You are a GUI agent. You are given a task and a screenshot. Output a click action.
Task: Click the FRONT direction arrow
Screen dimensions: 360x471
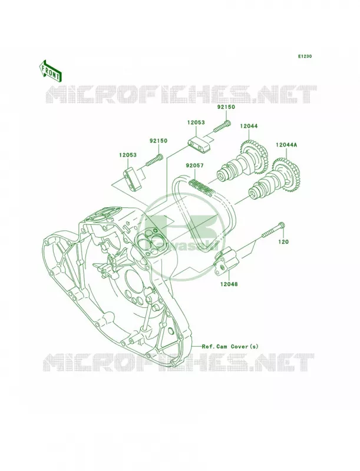[50, 71]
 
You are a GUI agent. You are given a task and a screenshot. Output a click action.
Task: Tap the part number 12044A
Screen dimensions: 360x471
[286, 145]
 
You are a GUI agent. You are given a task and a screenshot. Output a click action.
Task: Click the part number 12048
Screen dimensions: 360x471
[229, 284]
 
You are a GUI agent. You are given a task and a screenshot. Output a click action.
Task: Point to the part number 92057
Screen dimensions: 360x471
[194, 165]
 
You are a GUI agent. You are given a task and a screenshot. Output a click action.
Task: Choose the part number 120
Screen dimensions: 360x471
[283, 241]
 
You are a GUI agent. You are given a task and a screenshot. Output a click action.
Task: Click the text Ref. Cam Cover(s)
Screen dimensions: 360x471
[230, 346]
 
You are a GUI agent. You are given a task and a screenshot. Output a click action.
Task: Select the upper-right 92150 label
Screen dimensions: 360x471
[226, 107]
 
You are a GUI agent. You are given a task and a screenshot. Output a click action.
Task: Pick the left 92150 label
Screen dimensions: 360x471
[158, 141]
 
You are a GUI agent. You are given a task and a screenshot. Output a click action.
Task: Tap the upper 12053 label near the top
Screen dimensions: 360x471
[196, 122]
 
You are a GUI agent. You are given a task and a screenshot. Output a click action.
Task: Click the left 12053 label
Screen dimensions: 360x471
[127, 155]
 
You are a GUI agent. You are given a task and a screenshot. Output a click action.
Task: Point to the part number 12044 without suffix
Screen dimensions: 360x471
[249, 127]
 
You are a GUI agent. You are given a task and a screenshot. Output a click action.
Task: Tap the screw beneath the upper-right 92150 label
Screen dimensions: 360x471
[222, 126]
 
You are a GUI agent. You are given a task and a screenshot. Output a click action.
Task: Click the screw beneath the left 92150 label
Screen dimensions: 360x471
[154, 160]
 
